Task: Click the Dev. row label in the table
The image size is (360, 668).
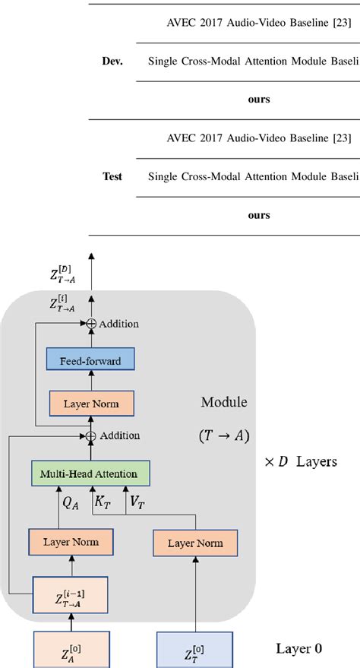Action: tap(112, 59)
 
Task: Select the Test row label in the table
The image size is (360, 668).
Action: tap(112, 176)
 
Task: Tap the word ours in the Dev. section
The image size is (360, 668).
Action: tap(259, 99)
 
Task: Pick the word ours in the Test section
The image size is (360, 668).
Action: tap(259, 215)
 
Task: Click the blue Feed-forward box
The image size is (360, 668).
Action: tap(90, 361)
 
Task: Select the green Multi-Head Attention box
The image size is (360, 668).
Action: tap(90, 473)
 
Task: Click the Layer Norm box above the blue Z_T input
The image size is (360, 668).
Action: tap(195, 543)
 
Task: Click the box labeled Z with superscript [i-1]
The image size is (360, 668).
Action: tap(69, 592)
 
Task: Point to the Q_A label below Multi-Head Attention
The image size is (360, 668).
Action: tap(70, 503)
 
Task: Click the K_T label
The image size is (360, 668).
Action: tap(103, 503)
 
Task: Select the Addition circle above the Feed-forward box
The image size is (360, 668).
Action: tap(90, 324)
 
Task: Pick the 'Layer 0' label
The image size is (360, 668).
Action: tap(298, 648)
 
